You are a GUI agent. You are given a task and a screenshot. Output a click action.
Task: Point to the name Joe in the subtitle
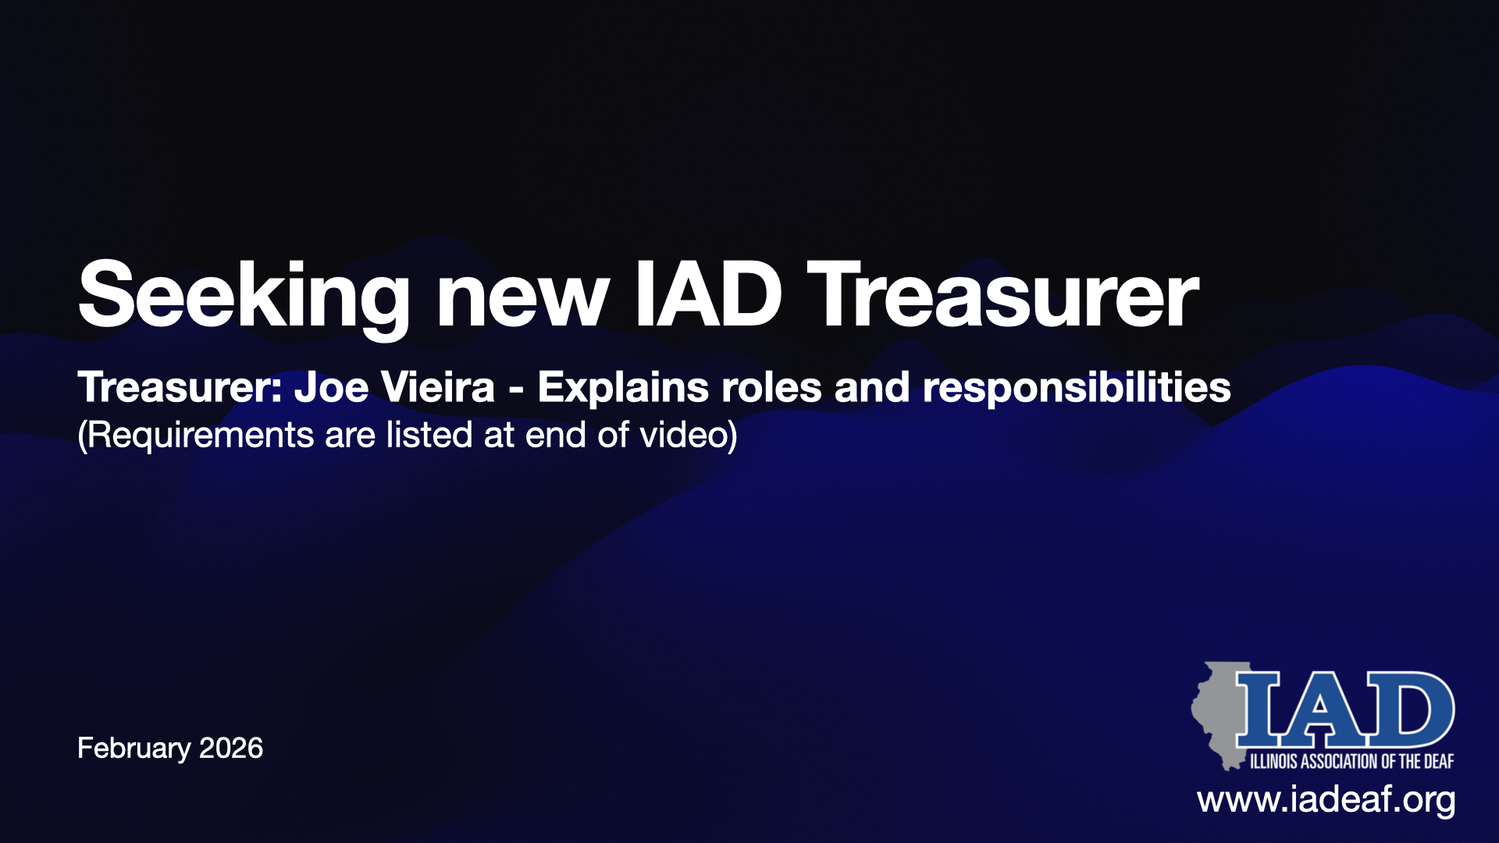click(x=331, y=387)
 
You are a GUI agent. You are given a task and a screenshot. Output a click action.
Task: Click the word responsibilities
click(x=1077, y=389)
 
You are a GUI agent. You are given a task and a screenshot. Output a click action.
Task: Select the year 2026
click(x=231, y=748)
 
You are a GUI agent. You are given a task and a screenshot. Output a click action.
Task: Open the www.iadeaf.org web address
click(x=1326, y=801)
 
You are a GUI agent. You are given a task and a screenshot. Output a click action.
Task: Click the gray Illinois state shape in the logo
click(x=1218, y=714)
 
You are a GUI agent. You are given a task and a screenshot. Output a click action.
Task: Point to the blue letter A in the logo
click(x=1319, y=706)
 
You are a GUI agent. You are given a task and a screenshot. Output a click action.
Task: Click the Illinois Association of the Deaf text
click(x=1351, y=761)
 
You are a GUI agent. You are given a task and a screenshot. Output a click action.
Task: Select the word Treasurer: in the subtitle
click(x=180, y=387)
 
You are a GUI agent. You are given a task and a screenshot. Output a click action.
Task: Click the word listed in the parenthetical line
click(x=429, y=435)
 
